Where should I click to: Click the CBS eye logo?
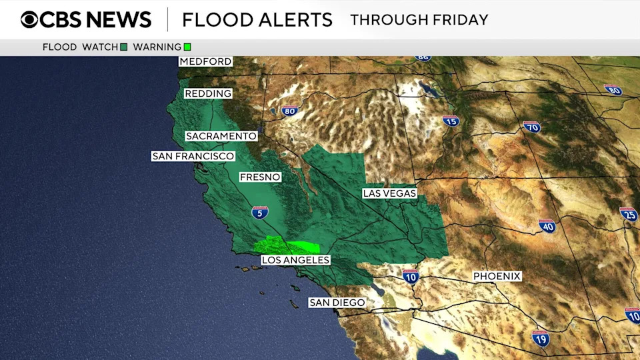29,19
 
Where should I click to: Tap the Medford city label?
205,61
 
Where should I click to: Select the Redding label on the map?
207,94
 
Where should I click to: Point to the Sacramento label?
221,136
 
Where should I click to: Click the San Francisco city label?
193,156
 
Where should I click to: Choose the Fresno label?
260,177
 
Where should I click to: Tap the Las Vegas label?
389,193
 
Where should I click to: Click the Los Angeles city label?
295,260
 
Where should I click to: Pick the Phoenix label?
497,276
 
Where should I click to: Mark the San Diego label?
337,303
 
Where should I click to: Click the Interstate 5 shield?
260,213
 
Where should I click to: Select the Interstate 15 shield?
451,121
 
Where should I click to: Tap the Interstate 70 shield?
531,127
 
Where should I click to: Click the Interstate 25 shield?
628,214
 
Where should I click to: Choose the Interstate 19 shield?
541,337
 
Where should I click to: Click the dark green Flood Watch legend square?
124,47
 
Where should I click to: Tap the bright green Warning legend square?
187,47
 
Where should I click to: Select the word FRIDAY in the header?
460,19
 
